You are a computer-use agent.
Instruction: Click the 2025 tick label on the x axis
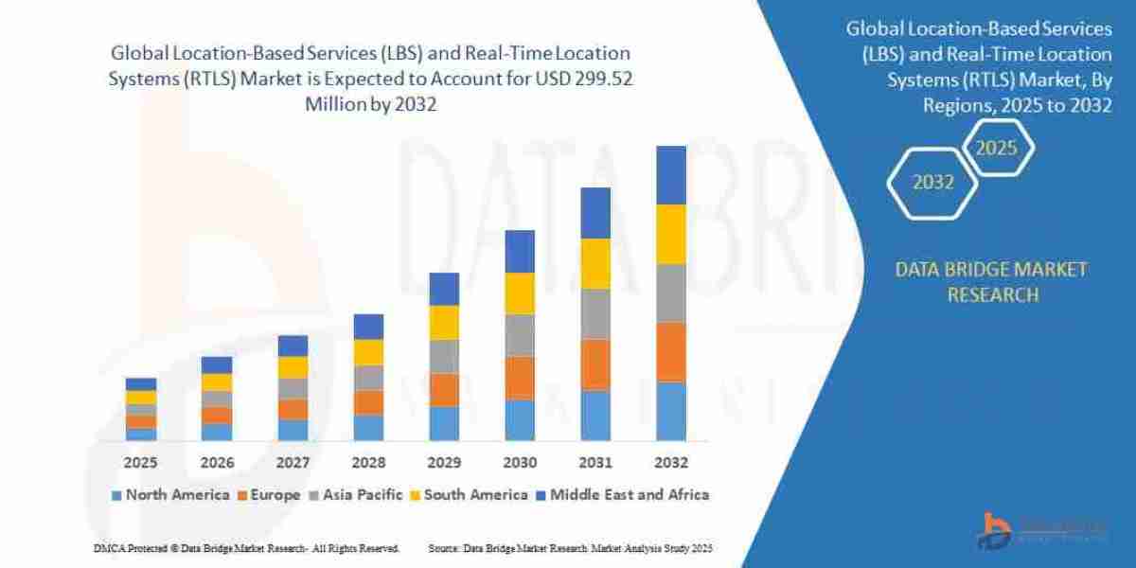[140, 463]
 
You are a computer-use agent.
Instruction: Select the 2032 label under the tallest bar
[670, 463]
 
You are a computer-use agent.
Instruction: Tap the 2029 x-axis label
[443, 463]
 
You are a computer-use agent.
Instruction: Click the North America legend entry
[170, 494]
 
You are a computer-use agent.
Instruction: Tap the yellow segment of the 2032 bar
[670, 234]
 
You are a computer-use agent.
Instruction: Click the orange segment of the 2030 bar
[519, 378]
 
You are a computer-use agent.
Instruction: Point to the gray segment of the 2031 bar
[595, 313]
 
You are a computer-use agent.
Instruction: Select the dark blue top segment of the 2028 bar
[367, 327]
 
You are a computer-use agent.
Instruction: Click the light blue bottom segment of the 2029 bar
[443, 423]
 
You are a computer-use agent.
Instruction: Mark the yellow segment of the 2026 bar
[216, 382]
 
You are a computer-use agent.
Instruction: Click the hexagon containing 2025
[996, 149]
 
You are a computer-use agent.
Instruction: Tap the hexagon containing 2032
[932, 183]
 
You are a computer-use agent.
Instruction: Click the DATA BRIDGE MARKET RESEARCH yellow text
[991, 282]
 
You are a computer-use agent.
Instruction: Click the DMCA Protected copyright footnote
[247, 548]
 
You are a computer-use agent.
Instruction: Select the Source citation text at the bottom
[570, 548]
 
